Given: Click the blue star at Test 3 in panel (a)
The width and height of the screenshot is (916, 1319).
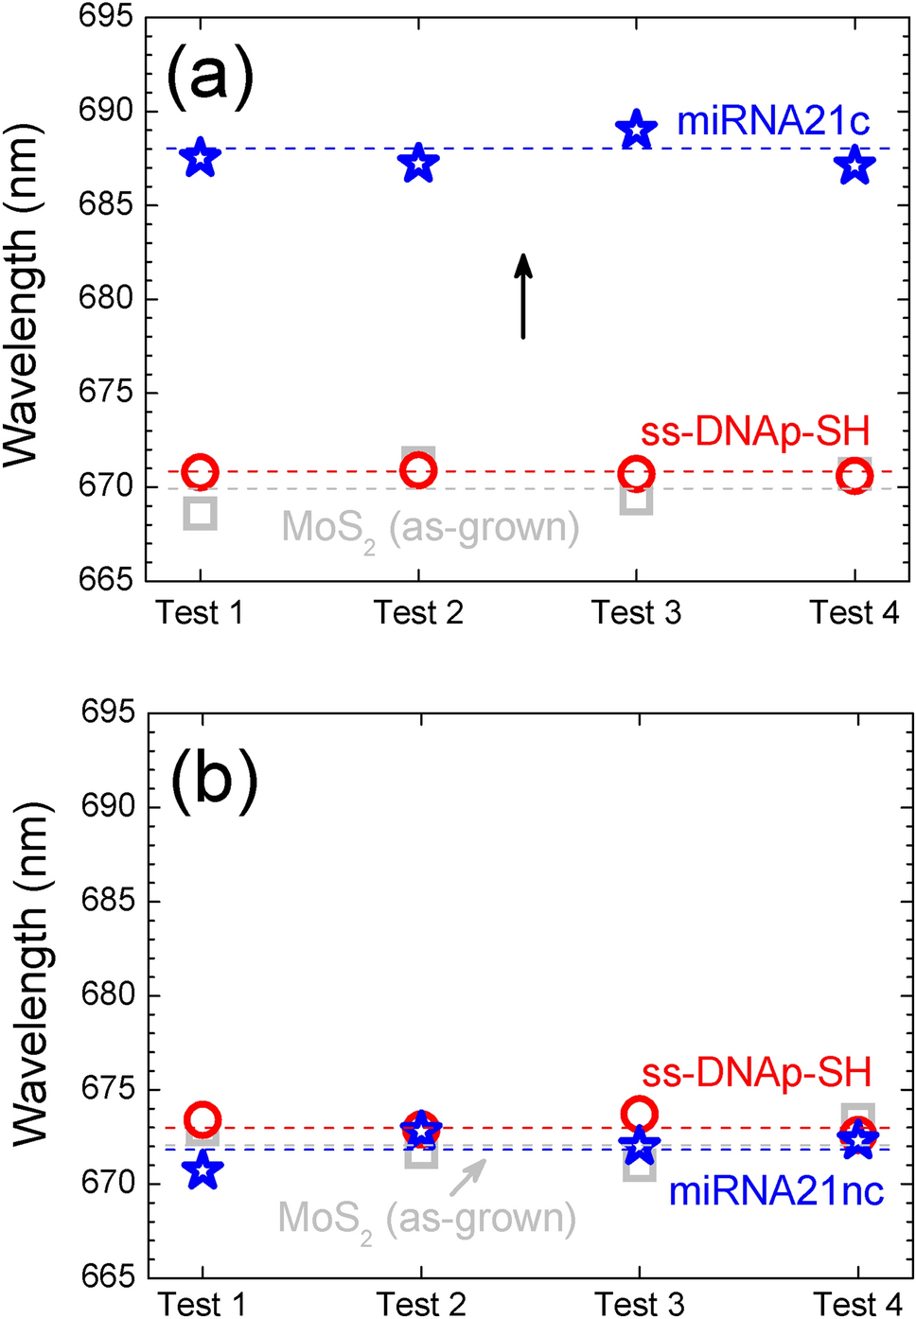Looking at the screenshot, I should (636, 130).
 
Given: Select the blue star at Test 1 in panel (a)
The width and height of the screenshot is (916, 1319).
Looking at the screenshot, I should (200, 158).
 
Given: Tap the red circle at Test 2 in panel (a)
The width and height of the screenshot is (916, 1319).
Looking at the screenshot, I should (418, 470).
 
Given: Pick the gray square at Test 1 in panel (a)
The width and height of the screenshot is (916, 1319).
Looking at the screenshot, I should (201, 513).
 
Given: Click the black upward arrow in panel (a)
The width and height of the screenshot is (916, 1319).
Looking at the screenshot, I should (522, 295).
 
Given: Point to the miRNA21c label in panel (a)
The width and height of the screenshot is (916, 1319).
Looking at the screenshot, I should (772, 121).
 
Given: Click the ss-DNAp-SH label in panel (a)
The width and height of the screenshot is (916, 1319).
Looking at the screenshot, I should (755, 431).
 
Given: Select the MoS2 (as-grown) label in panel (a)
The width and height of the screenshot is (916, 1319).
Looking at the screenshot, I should (431, 528).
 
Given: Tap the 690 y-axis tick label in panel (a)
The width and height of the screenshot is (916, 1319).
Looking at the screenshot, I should (105, 111).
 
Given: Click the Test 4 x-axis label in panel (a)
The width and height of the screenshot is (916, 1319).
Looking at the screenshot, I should (854, 613).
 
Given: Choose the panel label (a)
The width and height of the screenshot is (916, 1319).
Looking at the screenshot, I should (210, 76).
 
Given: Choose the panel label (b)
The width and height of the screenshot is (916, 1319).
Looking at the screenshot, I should (214, 781).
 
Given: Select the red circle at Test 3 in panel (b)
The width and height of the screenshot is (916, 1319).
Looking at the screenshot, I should (640, 1116).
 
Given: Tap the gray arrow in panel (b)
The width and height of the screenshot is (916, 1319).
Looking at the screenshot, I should (467, 1177).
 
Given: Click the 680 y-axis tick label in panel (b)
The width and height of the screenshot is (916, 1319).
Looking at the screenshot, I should (108, 994).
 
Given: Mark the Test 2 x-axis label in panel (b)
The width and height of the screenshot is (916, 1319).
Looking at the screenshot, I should (421, 1305).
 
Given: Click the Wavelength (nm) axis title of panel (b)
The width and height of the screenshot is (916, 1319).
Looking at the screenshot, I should (30, 975).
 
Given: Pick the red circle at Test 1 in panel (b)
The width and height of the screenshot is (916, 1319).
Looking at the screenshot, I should (203, 1120).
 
